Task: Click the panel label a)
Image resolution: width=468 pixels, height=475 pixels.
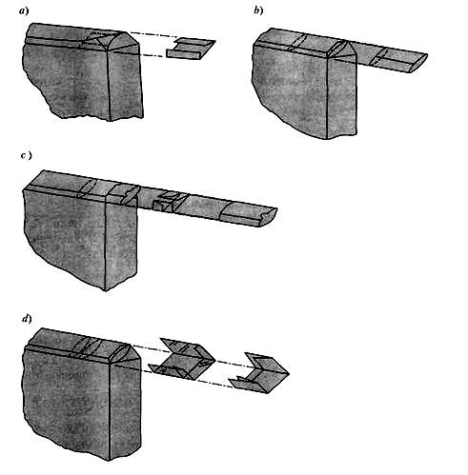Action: pyautogui.click(x=24, y=11)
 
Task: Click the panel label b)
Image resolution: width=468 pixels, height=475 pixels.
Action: pyautogui.click(x=258, y=10)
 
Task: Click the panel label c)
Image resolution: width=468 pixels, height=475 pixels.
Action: pyautogui.click(x=27, y=156)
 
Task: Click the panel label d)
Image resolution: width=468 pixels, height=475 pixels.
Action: pyautogui.click(x=27, y=319)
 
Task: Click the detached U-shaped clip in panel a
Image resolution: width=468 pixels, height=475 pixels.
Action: pyautogui.click(x=191, y=49)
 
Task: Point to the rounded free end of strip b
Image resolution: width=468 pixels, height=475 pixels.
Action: pyautogui.click(x=419, y=62)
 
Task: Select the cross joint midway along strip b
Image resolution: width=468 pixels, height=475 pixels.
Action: pyautogui.click(x=378, y=57)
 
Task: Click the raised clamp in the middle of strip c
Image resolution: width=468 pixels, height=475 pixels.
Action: pyautogui.click(x=169, y=202)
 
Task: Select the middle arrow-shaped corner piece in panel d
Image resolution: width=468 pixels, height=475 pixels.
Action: pyautogui.click(x=183, y=359)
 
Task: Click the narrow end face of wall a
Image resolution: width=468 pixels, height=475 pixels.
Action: pyautogui.click(x=126, y=83)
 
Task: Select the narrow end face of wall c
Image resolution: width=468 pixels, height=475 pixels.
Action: pyautogui.click(x=121, y=241)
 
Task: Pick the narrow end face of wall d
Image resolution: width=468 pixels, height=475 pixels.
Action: pyautogui.click(x=125, y=411)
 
